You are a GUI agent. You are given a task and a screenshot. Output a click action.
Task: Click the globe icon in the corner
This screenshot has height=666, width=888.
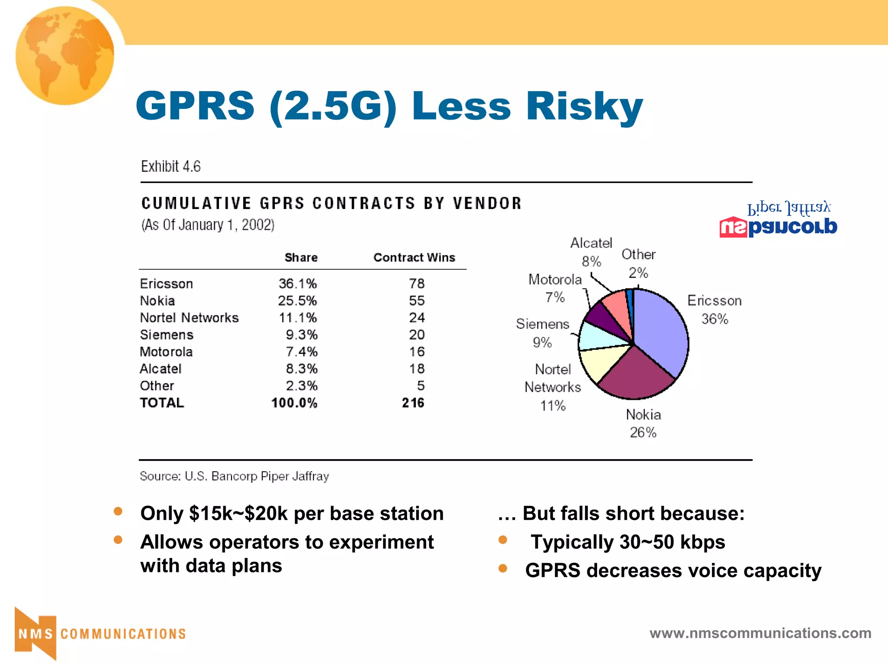click(65, 55)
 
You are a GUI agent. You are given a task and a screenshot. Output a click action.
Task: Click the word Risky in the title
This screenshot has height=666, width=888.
click(584, 107)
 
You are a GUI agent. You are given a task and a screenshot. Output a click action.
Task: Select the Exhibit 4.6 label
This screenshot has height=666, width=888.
click(171, 166)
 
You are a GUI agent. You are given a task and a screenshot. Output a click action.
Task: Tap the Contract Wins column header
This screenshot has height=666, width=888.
click(414, 258)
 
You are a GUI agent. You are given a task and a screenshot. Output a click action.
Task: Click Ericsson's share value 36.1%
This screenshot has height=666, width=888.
click(298, 284)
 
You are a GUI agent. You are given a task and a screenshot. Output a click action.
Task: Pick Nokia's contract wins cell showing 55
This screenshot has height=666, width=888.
click(416, 301)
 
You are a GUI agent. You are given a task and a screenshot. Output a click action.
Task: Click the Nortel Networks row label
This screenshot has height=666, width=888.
click(189, 318)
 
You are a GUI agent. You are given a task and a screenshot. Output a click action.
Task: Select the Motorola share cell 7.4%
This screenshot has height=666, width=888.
click(301, 352)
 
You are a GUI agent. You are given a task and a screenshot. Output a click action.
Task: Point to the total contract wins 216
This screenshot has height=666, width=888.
click(413, 403)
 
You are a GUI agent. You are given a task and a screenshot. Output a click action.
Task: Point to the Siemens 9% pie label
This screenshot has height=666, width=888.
click(542, 333)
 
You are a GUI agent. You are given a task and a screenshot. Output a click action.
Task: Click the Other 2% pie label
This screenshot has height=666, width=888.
click(638, 263)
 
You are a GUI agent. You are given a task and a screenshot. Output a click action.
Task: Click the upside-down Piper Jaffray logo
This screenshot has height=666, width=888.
click(778, 220)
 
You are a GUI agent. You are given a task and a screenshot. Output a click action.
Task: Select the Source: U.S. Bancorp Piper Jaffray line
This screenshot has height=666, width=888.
click(234, 476)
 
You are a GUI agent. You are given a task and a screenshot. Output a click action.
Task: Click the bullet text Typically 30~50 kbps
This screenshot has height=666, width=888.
click(627, 542)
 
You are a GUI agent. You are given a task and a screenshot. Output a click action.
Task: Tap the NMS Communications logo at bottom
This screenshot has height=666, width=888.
click(100, 633)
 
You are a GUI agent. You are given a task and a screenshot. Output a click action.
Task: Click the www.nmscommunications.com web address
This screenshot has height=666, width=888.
click(760, 633)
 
